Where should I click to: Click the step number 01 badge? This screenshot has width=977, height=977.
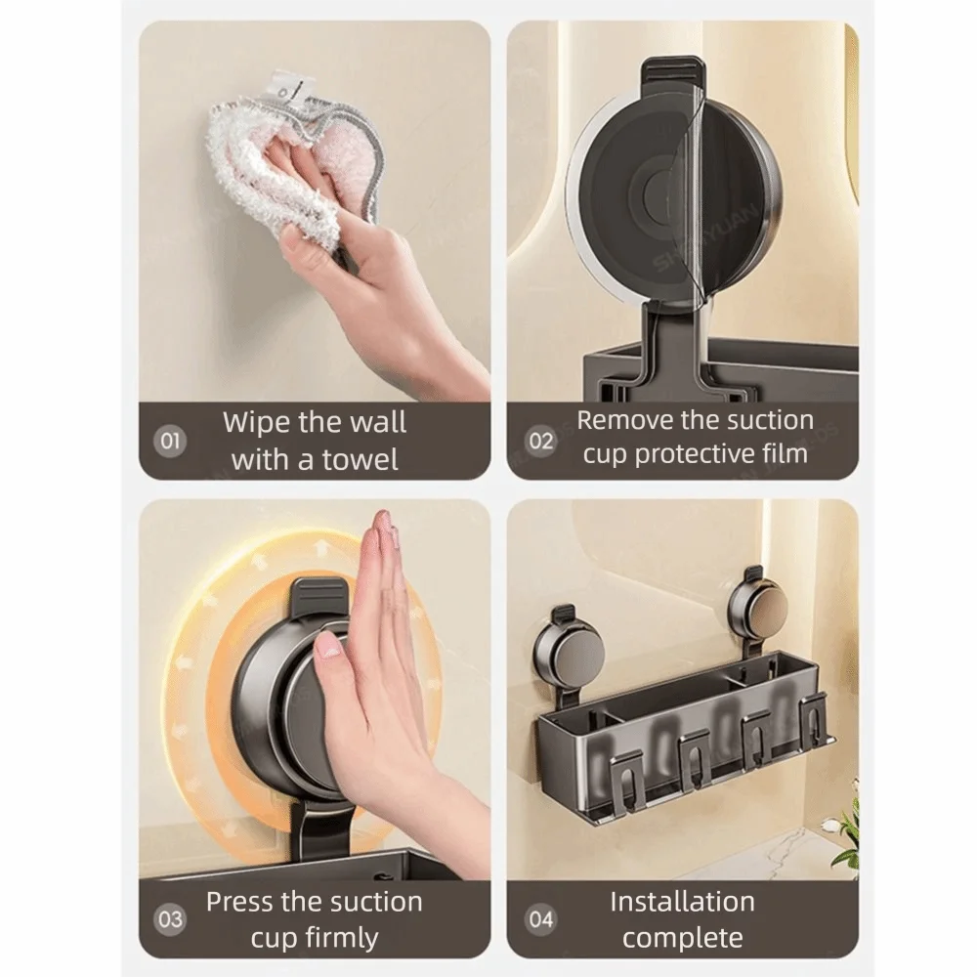(169, 442)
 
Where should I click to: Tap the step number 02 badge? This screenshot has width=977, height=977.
(541, 442)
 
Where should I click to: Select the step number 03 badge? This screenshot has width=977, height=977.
(169, 919)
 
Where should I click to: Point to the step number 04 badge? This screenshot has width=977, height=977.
(541, 919)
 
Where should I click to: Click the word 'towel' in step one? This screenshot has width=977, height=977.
(360, 460)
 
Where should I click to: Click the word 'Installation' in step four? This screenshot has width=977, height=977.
(682, 902)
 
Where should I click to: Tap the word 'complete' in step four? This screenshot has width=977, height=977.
(682, 938)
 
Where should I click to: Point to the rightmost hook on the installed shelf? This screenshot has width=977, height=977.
(815, 723)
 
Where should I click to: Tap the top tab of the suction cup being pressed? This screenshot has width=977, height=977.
(321, 596)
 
